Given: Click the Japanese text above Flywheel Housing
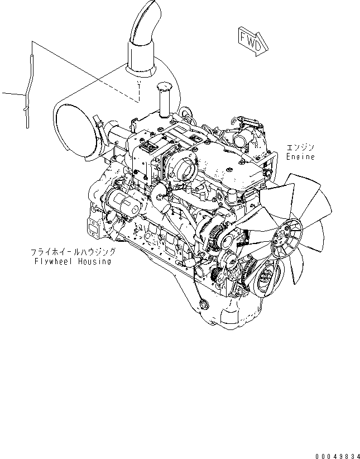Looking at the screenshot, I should (73, 252).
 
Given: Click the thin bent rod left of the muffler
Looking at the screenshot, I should (26, 89).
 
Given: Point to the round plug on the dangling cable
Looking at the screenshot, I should (201, 304).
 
